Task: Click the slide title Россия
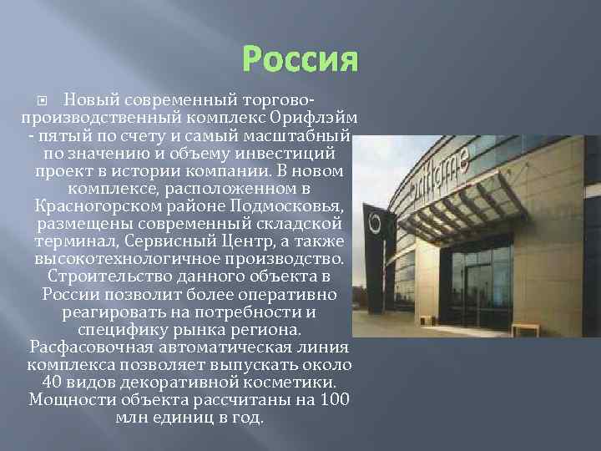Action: coord(300,59)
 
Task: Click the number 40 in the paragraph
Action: coord(50,383)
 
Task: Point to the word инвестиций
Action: coord(283,153)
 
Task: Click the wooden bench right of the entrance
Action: coord(527,328)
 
